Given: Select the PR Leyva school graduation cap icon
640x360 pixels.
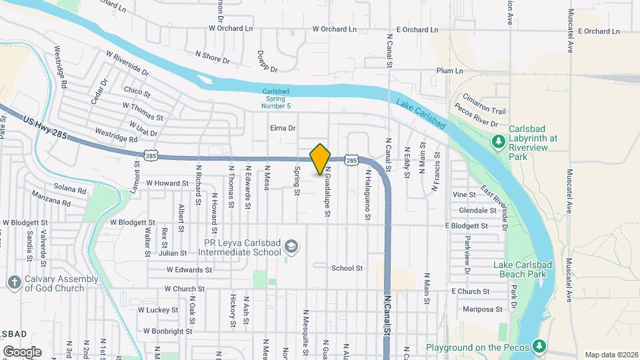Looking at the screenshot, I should point(291,247).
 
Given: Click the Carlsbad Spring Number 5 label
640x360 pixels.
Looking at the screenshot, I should point(276,99).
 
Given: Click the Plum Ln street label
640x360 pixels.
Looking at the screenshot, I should point(449,71).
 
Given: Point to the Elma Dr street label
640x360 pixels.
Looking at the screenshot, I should point(282,127).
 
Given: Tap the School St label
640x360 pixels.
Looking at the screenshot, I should point(347,268).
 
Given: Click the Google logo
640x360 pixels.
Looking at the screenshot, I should point(21,351).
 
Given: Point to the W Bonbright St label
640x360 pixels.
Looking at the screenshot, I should point(167,331).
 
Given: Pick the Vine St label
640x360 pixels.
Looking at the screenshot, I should point(464,195).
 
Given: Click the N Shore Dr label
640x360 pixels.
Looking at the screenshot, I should point(212,57).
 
